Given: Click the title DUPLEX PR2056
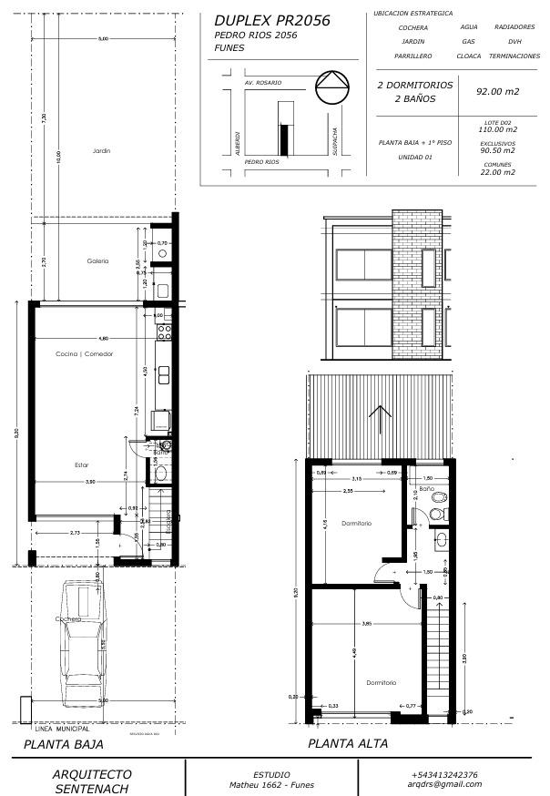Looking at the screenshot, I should pyautogui.click(x=271, y=20).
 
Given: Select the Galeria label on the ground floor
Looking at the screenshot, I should pyautogui.click(x=97, y=261).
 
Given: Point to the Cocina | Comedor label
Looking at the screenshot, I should pyautogui.click(x=84, y=353).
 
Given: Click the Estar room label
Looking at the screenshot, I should pyautogui.click(x=81, y=465).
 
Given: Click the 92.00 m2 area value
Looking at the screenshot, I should pyautogui.click(x=497, y=91).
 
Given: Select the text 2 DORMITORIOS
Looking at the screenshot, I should pyautogui.click(x=414, y=85).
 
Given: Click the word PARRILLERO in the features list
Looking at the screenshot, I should pyautogui.click(x=412, y=56).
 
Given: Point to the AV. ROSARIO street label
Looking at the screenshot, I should pyautogui.click(x=263, y=83).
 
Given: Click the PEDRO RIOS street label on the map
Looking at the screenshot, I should pyautogui.click(x=261, y=161).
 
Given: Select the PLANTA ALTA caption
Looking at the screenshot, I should pyautogui.click(x=348, y=743).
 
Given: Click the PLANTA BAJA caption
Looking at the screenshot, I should pyautogui.click(x=63, y=744).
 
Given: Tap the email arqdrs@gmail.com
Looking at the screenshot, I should pyautogui.click(x=444, y=784).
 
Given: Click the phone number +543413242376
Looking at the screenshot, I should pyautogui.click(x=444, y=774).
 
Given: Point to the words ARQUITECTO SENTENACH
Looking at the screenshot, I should pyautogui.click(x=93, y=780).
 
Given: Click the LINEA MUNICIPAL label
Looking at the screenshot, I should pyautogui.click(x=62, y=730).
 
